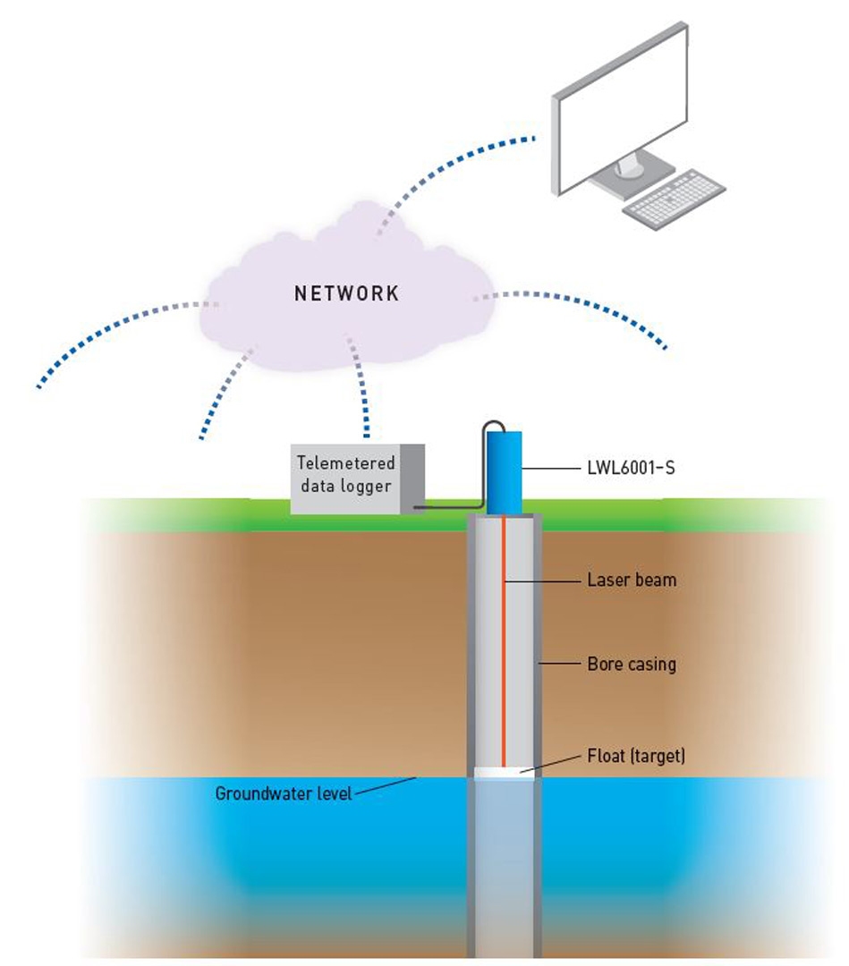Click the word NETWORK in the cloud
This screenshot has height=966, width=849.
[x=347, y=294]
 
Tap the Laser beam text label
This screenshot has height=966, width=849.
[x=632, y=580]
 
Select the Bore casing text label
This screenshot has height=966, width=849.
[x=632, y=665]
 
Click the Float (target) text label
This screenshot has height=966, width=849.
[x=636, y=757]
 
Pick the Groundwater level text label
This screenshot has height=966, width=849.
[x=284, y=793]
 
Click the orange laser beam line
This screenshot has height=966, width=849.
[x=504, y=644]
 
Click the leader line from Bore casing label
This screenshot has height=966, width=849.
[x=560, y=665]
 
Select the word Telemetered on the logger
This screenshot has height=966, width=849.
[x=345, y=464]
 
